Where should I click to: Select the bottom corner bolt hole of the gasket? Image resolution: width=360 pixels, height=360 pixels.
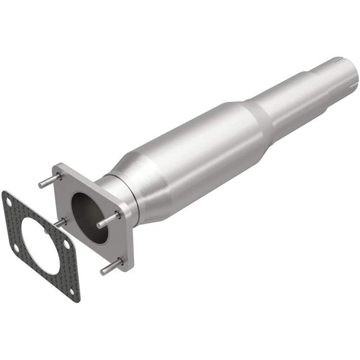click(x=74, y=290)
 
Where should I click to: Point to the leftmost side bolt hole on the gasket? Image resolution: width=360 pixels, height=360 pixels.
click(x=16, y=248)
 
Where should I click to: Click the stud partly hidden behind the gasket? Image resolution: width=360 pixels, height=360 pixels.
click(x=60, y=222)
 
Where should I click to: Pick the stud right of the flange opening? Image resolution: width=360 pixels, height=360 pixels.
click(x=109, y=219)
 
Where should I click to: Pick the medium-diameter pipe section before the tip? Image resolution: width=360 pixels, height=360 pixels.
click(x=292, y=102)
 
